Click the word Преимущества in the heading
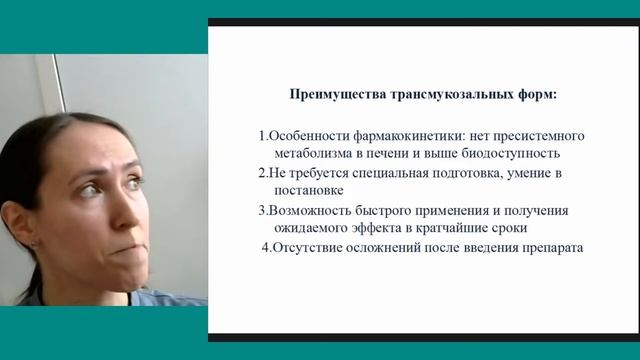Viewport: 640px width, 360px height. click(x=328, y=96)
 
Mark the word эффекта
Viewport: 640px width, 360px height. click(x=375, y=228)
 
